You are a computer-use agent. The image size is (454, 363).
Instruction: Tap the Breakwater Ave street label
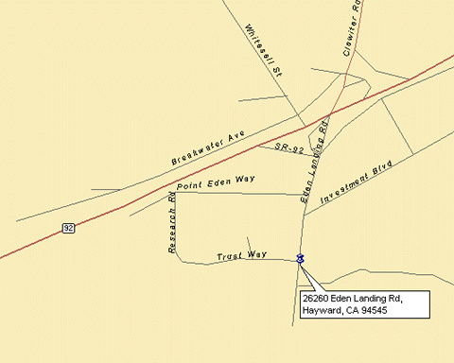coord(208,149)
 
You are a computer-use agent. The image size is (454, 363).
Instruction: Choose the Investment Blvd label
coord(355,182)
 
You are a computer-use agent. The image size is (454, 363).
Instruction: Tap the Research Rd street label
coord(172,223)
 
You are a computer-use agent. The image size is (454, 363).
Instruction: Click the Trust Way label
coord(241,255)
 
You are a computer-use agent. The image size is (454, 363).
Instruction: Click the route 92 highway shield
coord(68,228)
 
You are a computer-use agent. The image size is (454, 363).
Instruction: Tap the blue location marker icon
coord(300,259)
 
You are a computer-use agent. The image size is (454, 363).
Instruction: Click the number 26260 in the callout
coord(318,299)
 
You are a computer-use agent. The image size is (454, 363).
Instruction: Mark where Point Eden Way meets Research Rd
coord(179,193)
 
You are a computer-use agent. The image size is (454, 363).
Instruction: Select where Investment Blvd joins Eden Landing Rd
coord(305,216)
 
